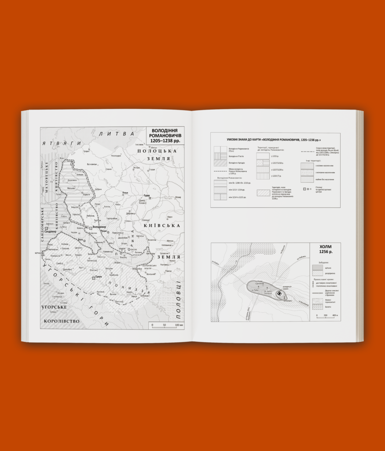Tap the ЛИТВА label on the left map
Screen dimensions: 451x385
pos(116,133)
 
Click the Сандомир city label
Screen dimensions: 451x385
pos(51,232)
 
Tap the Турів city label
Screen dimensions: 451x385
pos(148,196)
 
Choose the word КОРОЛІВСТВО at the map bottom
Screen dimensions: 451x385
pos(61,321)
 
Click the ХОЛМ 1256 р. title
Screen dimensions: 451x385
pos(326,250)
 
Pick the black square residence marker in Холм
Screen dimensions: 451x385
pos(279,293)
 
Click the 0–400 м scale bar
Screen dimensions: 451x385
pos(326,316)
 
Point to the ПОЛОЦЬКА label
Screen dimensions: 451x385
pos(151,151)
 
